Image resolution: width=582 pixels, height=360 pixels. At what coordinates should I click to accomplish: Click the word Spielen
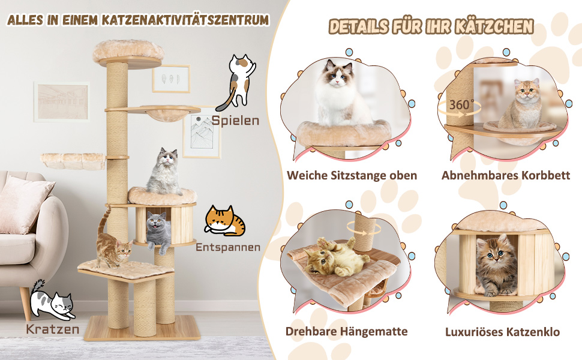[x=235, y=121]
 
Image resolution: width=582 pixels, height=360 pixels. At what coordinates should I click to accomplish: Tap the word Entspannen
[x=228, y=248]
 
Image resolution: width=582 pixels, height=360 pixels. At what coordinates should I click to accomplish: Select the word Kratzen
[x=53, y=329]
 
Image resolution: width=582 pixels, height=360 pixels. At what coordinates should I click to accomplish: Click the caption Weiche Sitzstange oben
[x=352, y=175]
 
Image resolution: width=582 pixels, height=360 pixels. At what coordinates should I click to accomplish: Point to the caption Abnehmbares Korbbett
[x=506, y=175]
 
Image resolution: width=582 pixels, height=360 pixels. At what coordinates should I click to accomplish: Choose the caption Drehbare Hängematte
[x=346, y=331]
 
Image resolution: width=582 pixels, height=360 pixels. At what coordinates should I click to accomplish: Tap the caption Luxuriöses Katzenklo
[x=502, y=331]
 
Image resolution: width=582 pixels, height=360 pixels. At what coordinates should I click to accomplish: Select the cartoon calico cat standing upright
[x=238, y=82]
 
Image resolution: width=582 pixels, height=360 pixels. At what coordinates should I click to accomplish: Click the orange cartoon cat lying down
[x=224, y=221]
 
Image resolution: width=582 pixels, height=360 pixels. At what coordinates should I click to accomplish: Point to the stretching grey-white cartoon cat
[x=52, y=301]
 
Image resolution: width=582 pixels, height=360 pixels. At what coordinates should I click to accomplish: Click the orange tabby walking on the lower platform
[x=112, y=243]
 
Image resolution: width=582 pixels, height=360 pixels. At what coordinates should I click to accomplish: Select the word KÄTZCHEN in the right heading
[x=494, y=27]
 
